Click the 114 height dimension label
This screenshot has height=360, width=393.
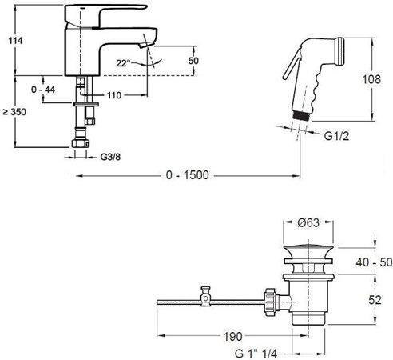15,41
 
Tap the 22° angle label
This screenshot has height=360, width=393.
123,63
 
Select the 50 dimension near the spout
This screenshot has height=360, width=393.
193,61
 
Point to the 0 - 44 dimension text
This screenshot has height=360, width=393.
43,90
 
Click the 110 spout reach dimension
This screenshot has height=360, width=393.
114,95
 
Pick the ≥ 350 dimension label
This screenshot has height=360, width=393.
15,112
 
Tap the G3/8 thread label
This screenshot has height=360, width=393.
110,157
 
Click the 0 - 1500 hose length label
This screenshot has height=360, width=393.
188,175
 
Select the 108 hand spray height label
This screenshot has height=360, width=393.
371,79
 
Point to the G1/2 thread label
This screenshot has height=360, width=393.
336,136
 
